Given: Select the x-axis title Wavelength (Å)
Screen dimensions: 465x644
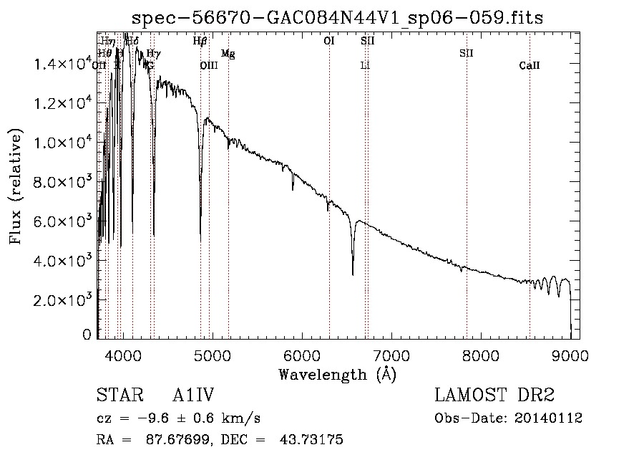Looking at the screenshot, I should [337, 373].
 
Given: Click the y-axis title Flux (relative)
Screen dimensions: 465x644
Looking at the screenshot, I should [15, 186].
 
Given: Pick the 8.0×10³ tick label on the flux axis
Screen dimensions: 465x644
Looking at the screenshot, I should [62, 182].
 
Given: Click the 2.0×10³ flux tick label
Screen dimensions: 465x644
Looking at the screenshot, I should [62, 300].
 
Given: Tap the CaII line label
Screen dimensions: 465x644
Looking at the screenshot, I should [530, 66].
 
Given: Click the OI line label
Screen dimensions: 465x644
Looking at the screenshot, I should [329, 42].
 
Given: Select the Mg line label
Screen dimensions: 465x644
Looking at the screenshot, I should [228, 54].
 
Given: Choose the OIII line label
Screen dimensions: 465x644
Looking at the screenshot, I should [208, 66].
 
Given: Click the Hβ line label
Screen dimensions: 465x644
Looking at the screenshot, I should [200, 42].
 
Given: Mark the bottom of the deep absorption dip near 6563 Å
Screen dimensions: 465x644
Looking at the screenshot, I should [352, 274].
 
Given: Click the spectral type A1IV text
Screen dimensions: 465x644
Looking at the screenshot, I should [194, 396].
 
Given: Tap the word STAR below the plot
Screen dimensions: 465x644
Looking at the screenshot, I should [117, 396].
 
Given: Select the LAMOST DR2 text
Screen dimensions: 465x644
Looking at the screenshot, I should [494, 396].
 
